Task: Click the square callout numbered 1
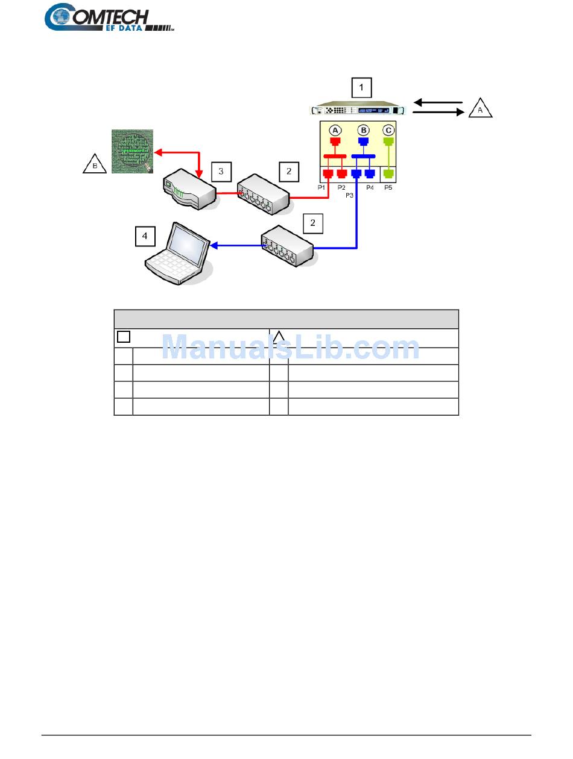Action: tap(361, 88)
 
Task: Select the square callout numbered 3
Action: tap(221, 171)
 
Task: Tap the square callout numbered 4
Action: tap(145, 237)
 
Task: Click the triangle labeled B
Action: tap(94, 163)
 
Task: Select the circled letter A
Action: tap(335, 130)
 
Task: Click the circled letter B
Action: tap(363, 130)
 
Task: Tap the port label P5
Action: tap(388, 188)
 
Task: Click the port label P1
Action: tap(323, 188)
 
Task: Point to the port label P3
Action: tap(349, 196)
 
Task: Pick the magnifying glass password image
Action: tap(132, 151)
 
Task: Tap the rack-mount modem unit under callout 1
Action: tap(358, 110)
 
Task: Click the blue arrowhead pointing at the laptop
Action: tap(214, 245)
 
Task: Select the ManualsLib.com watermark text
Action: tap(291, 348)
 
